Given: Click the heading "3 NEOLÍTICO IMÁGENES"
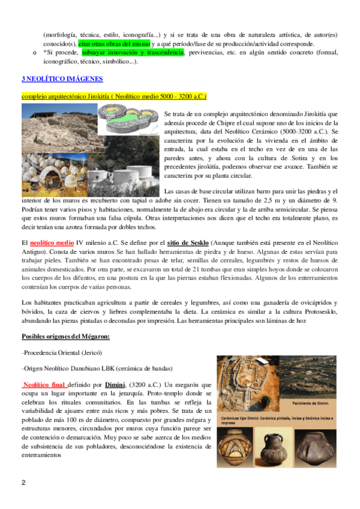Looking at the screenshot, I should (62, 79).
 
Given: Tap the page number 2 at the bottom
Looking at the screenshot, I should (23, 483).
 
